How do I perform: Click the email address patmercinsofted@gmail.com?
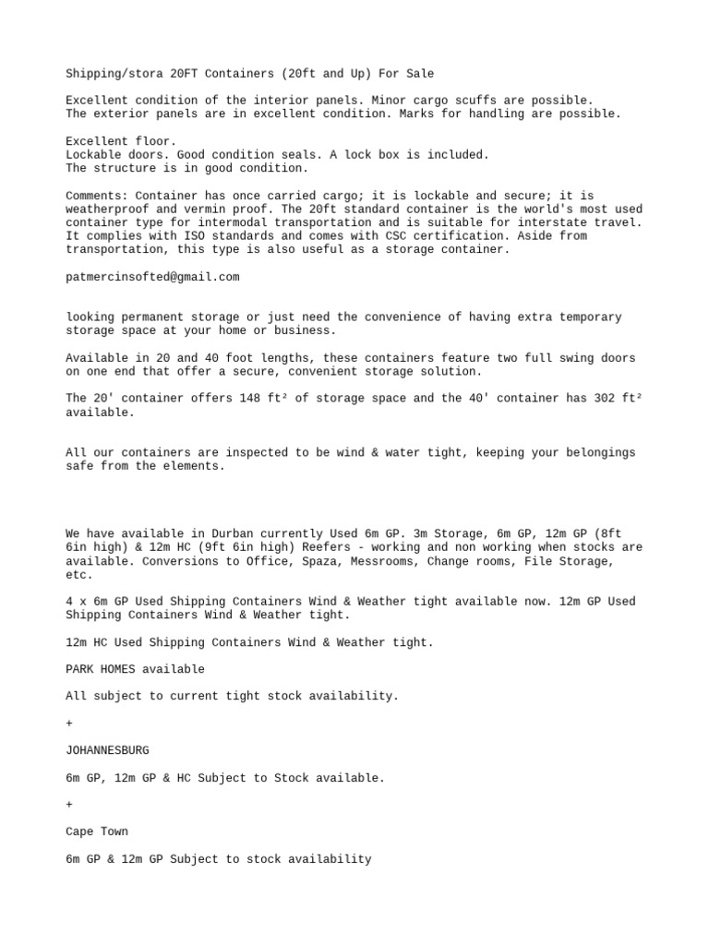click(152, 277)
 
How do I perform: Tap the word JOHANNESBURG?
click(107, 751)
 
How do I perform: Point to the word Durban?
click(239, 533)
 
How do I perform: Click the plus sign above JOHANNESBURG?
click(69, 724)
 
